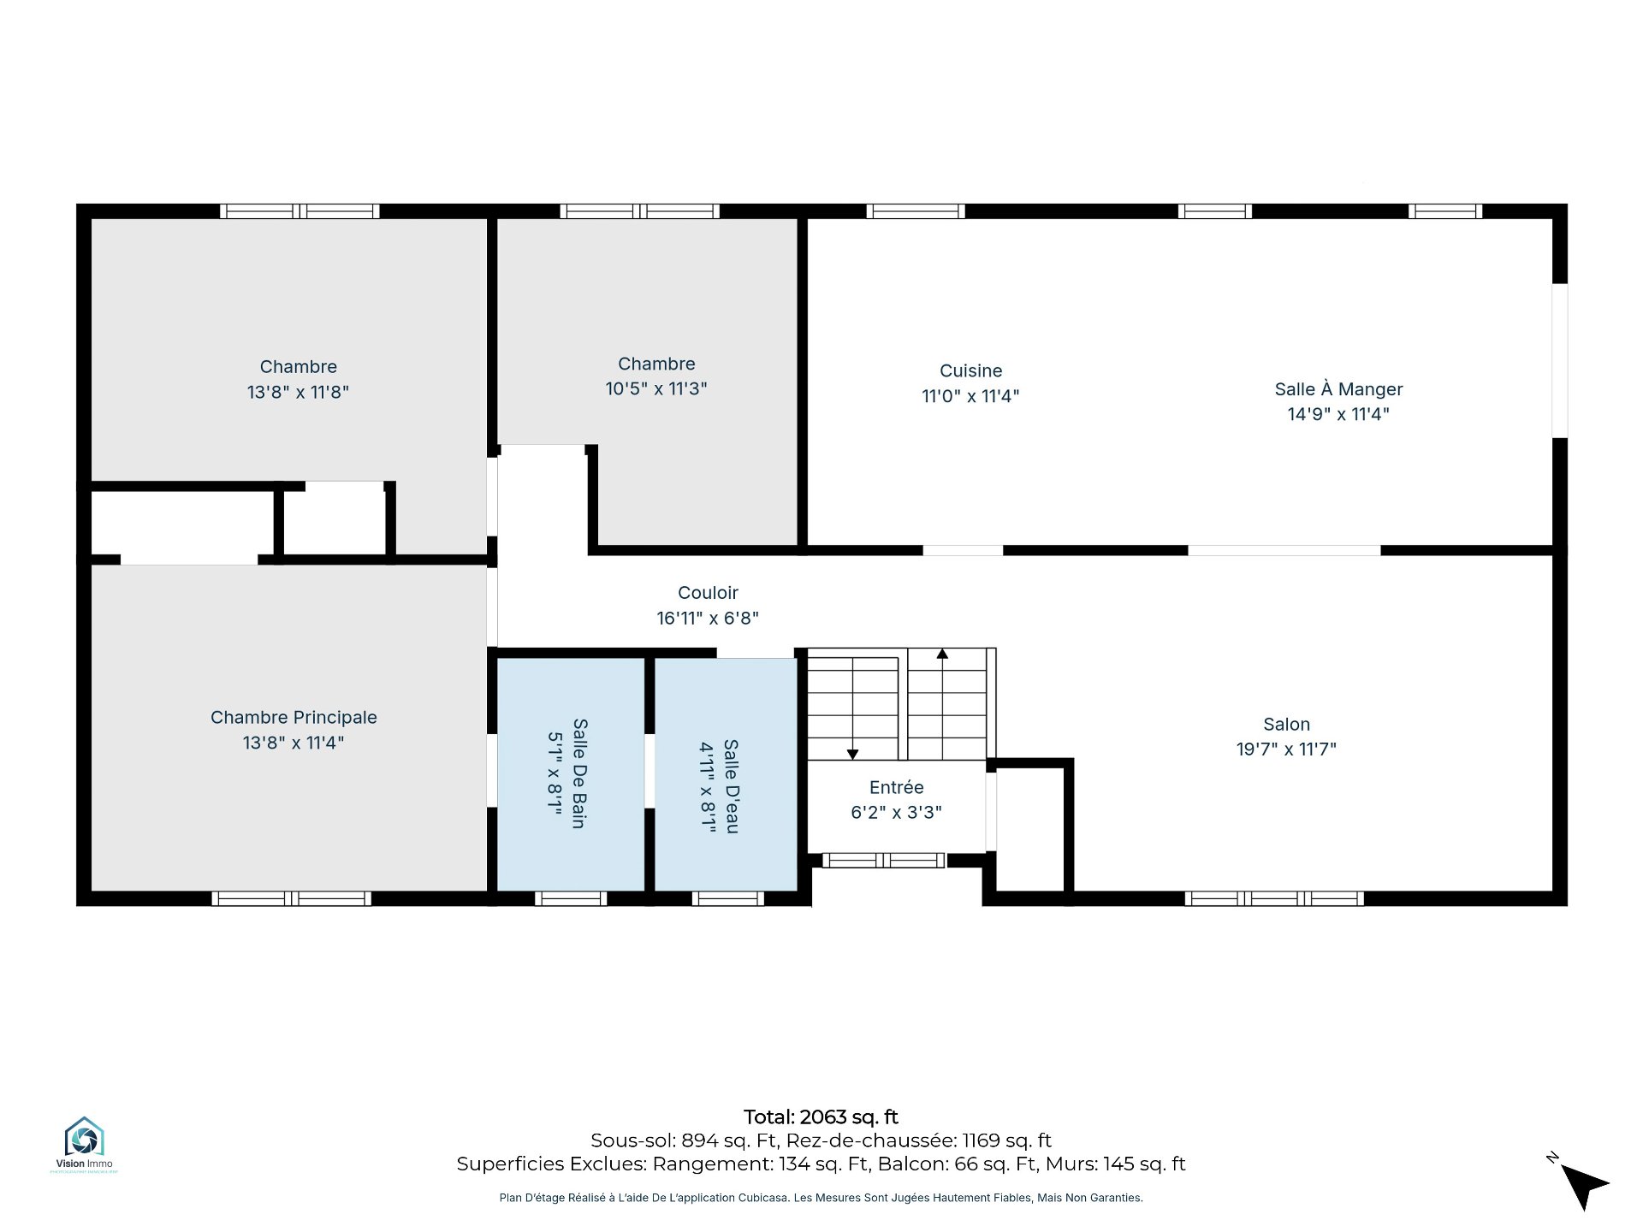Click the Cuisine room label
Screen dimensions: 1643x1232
pos(970,371)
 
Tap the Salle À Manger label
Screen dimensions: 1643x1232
pos(1338,389)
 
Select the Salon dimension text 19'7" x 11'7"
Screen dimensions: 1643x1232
pos(1286,749)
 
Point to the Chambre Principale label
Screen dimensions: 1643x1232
pos(294,718)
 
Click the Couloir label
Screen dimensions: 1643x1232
pos(708,593)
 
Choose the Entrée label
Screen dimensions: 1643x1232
pos(896,787)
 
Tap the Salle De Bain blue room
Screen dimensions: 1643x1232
pos(571,774)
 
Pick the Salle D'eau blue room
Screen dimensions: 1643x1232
pos(726,774)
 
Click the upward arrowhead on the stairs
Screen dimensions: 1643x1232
pos(942,654)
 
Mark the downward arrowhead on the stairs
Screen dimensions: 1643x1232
pos(852,754)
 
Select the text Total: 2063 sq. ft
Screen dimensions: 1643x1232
pos(821,1117)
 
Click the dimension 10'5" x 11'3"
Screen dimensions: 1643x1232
pos(656,389)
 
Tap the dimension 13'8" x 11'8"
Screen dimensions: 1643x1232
pos(298,393)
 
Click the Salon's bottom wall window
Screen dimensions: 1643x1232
pos(1274,898)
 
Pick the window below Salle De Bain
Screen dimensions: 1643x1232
pos(571,898)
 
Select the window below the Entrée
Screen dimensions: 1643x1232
pos(884,861)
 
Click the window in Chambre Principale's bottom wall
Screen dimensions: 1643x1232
pos(292,898)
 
